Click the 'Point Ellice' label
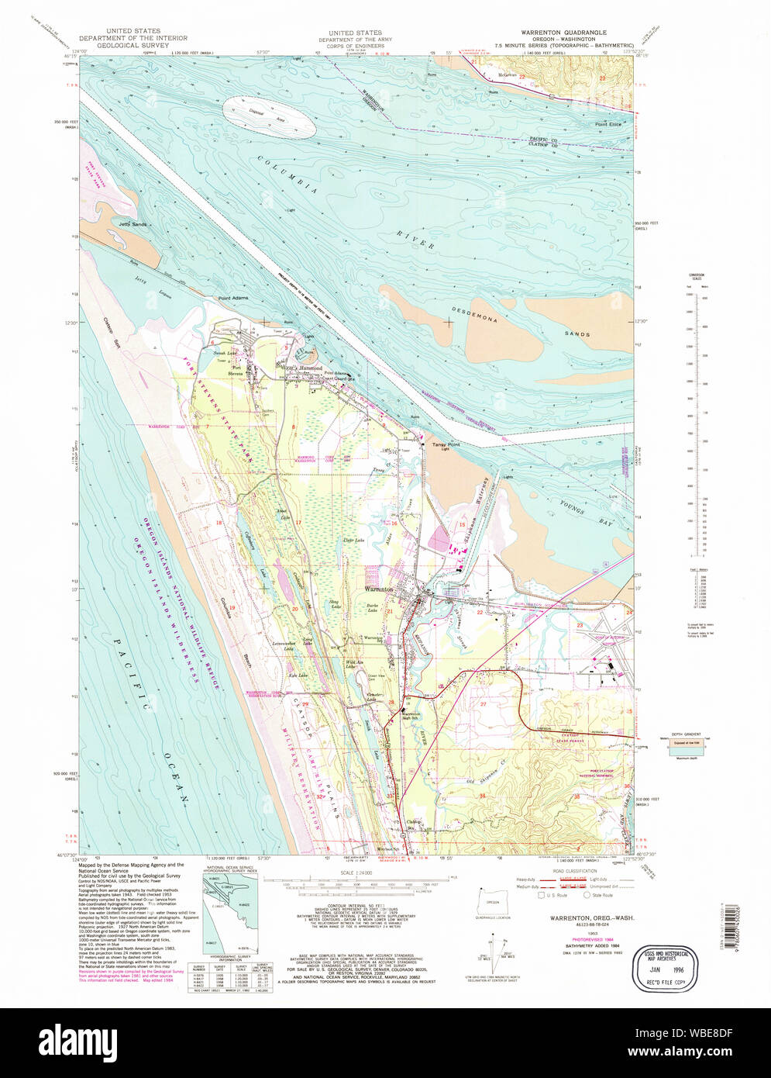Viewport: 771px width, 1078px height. click(608, 124)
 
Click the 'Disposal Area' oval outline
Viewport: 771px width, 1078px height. click(269, 118)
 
